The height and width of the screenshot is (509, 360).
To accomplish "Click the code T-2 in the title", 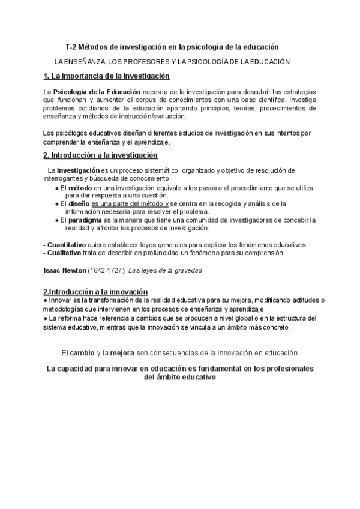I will point(71,46).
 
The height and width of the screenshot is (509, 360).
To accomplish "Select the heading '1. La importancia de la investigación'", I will point(107,76).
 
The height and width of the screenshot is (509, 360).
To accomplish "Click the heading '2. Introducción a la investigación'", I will point(101,155).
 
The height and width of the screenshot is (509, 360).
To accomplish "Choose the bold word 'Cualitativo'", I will point(64,253).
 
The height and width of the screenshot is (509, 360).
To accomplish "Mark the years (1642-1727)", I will point(106,270).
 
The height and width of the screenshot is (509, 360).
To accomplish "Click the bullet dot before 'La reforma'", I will point(46,318).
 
